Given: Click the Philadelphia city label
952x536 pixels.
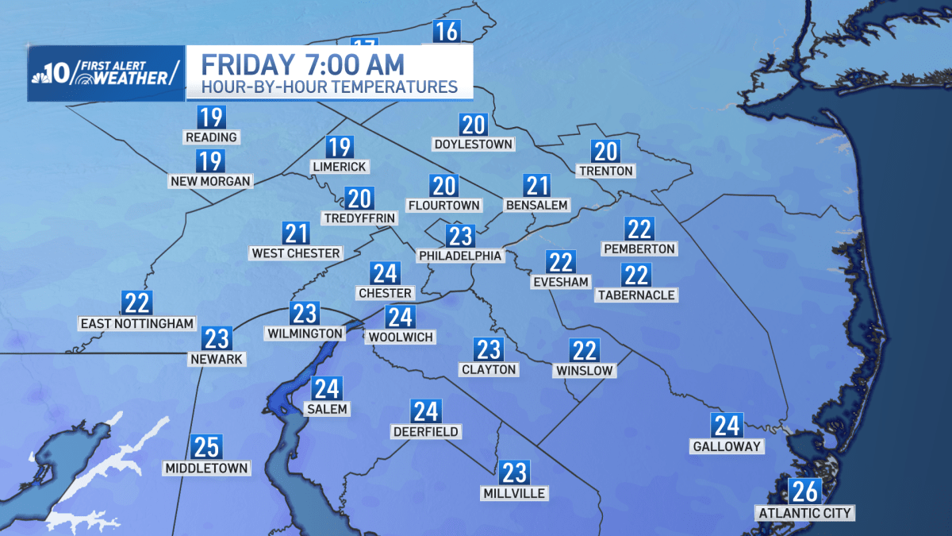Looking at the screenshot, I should (460, 256).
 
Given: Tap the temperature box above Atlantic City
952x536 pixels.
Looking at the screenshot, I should (804, 492).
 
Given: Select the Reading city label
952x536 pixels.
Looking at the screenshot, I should (211, 137).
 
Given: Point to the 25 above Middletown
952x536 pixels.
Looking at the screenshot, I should (206, 447).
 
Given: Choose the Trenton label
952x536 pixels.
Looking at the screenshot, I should (606, 171).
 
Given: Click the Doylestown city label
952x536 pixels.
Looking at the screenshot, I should (474, 145).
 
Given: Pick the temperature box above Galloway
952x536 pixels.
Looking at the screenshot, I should (726, 426).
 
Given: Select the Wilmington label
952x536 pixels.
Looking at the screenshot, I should (305, 334).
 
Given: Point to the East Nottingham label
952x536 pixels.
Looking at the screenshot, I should (137, 323).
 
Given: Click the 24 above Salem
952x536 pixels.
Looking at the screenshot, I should (326, 388).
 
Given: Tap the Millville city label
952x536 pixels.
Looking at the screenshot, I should (514, 493).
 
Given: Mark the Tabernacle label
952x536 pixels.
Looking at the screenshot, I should (636, 295).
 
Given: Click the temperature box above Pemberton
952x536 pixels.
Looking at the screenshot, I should (639, 229).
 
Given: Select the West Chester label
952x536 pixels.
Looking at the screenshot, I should (296, 253).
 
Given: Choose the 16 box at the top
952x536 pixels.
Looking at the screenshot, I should (447, 32).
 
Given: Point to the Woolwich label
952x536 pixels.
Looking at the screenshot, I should (401, 337).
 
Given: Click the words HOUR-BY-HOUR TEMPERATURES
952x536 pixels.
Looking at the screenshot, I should (329, 87).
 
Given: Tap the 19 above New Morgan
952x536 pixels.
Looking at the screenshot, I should (211, 161).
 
